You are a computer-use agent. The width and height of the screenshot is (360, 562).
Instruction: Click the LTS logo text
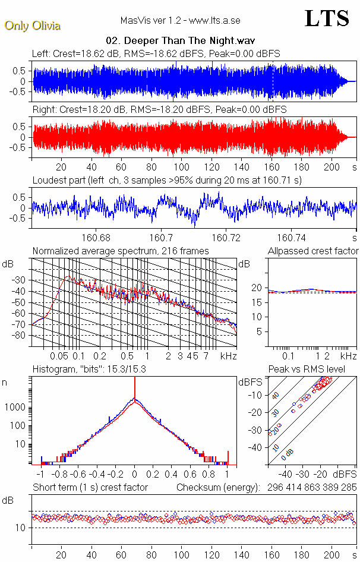[x=327, y=18]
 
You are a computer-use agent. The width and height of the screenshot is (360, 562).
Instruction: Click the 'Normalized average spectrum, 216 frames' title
[x=121, y=251]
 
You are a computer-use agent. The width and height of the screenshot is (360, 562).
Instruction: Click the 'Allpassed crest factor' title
[x=313, y=251]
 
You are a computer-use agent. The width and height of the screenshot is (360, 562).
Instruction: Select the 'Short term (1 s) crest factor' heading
[x=90, y=487]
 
